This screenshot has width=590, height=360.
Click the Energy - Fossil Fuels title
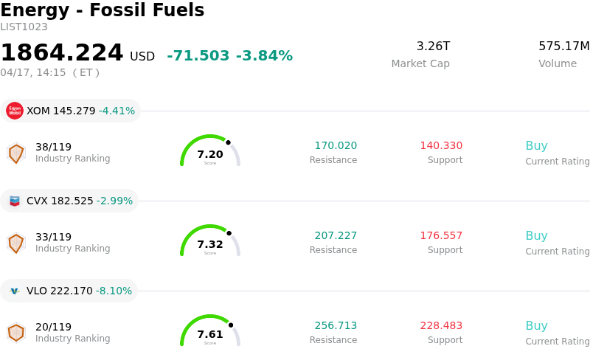102,10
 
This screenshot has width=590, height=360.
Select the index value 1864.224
62,53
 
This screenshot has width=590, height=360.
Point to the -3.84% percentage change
264,56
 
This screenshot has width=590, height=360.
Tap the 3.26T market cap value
433,46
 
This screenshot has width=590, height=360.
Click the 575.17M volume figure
563,46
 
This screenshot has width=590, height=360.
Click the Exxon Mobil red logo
15,111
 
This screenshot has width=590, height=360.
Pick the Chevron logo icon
15,201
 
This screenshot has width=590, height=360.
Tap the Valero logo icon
15,291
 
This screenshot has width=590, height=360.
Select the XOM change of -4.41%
117,111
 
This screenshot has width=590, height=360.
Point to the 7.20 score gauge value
210,154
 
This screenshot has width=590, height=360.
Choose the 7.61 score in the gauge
210,334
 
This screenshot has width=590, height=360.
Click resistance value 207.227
336,236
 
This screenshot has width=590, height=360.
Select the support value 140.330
441,146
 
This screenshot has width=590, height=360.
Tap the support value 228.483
441,326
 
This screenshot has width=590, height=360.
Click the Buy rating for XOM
536,146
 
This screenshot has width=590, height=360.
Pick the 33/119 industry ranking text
53,237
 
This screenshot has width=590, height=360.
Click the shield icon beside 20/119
15,333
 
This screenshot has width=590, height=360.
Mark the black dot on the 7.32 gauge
229,233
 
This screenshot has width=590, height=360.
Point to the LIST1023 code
24,27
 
